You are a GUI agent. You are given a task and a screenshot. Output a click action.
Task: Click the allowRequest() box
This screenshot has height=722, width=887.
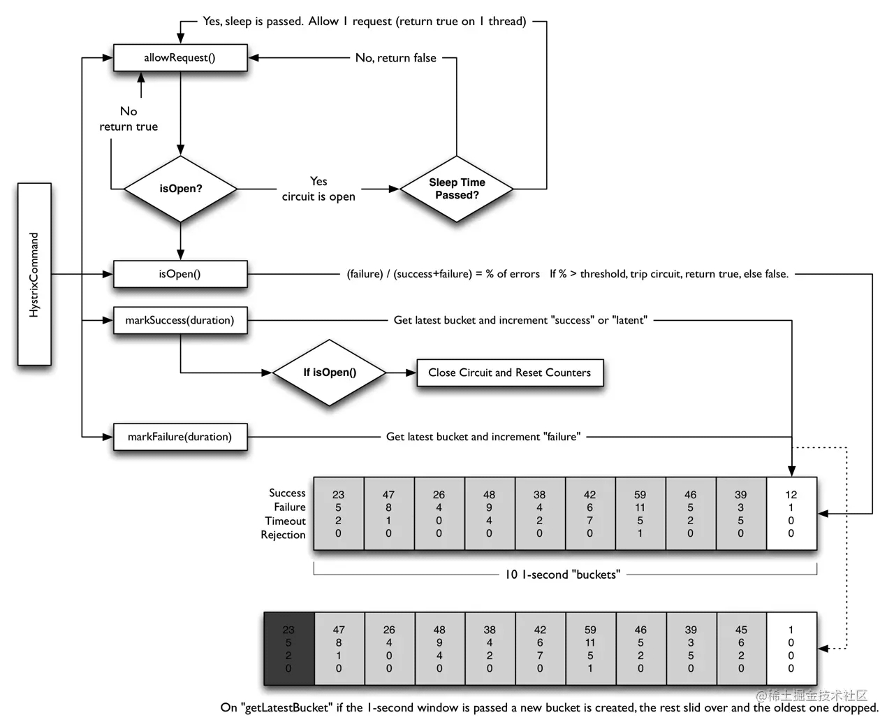click(180, 58)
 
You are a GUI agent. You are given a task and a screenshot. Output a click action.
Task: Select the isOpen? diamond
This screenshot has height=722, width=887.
click(180, 189)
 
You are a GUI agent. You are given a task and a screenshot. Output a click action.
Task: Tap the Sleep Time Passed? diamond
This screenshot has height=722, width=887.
click(457, 189)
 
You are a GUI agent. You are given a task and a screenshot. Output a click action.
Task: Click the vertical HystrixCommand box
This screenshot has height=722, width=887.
click(34, 274)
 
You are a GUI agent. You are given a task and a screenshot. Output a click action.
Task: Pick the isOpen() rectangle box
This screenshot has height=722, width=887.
click(180, 274)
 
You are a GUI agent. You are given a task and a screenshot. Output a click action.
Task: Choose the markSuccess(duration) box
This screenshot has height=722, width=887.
click(180, 320)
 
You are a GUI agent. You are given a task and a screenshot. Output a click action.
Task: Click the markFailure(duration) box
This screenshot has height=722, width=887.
click(180, 437)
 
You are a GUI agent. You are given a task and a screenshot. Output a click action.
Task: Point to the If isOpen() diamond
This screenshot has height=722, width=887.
click(329, 373)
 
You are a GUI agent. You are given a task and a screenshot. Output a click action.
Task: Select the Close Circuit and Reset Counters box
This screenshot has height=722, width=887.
click(510, 373)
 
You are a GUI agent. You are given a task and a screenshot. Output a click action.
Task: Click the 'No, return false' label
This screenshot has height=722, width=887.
click(395, 58)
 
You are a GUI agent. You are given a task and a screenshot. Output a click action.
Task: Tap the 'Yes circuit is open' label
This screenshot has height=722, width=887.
click(318, 189)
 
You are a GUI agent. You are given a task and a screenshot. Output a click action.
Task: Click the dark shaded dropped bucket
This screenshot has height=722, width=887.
click(288, 649)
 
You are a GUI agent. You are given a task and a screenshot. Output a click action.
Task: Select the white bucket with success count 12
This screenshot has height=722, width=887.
click(791, 514)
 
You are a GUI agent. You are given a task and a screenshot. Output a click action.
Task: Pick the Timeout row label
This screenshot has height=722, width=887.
click(285, 521)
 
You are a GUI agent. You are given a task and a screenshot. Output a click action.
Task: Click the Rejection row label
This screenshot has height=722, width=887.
click(283, 535)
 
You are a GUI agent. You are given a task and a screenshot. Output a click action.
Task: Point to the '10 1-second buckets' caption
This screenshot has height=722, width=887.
click(562, 575)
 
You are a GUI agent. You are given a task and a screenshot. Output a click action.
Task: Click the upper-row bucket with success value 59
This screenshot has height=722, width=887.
click(640, 514)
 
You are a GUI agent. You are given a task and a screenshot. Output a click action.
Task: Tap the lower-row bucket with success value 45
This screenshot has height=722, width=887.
click(741, 649)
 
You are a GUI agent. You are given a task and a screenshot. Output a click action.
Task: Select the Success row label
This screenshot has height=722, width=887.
click(287, 493)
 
